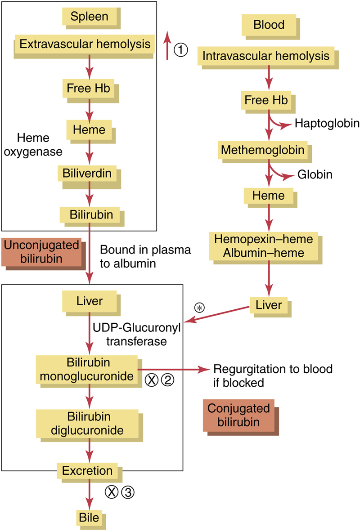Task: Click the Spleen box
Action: [89, 17]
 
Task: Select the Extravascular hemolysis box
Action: [85, 44]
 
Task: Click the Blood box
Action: [269, 24]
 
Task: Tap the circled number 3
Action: [128, 492]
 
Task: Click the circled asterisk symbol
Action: [198, 308]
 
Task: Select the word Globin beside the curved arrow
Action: [315, 174]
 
